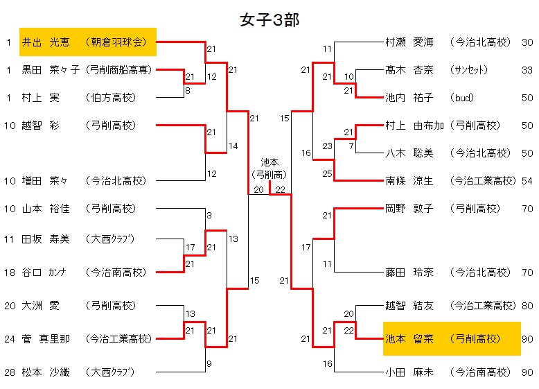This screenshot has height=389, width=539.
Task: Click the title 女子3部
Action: (269, 20)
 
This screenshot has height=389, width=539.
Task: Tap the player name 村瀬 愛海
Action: (409, 42)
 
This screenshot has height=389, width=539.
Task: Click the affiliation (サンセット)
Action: (469, 70)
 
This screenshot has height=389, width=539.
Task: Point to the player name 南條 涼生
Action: (409, 181)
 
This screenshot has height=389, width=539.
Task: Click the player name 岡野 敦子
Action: (409, 207)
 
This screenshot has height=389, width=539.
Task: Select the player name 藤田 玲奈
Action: (409, 273)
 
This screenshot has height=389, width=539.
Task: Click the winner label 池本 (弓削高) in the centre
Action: (269, 169)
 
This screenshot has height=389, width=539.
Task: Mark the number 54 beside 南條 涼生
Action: (527, 181)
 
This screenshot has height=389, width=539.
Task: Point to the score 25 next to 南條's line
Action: (328, 173)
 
